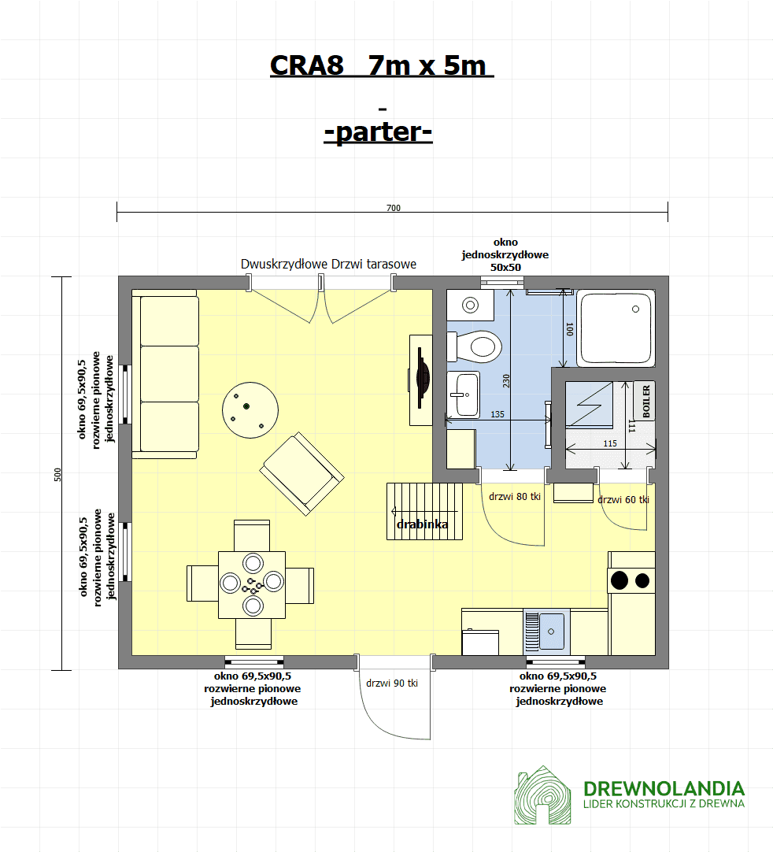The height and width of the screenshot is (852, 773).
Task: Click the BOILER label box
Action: coord(644,401)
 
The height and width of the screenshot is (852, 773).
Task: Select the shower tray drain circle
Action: coord(635,309)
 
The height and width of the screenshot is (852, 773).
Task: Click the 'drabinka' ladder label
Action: coord(422,524)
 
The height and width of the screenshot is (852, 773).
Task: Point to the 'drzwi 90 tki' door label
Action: coord(392,683)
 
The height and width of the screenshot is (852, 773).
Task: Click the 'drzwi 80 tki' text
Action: coord(515,496)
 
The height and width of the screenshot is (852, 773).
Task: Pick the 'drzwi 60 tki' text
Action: coord(623,499)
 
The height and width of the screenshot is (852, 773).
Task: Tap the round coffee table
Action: coord(250,410)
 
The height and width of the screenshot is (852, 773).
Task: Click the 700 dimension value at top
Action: coord(394,208)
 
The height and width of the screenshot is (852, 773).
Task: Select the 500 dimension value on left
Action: coord(57,474)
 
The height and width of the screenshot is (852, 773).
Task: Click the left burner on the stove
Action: coord(620,580)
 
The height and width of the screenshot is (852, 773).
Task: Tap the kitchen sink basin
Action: coord(551,632)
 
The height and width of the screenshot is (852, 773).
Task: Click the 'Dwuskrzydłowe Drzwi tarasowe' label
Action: coord(329,264)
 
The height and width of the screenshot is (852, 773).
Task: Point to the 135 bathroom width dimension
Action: coord(497,414)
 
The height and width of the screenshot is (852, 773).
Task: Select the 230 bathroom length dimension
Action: coord(506,380)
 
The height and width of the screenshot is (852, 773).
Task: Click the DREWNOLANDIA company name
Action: coord(664,788)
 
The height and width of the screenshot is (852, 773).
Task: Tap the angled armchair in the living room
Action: coord(301,474)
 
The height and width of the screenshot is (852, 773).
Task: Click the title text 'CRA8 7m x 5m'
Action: coord(382,65)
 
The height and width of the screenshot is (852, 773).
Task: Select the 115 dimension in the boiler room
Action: coord(610,443)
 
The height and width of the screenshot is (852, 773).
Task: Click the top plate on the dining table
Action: coord(253,563)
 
